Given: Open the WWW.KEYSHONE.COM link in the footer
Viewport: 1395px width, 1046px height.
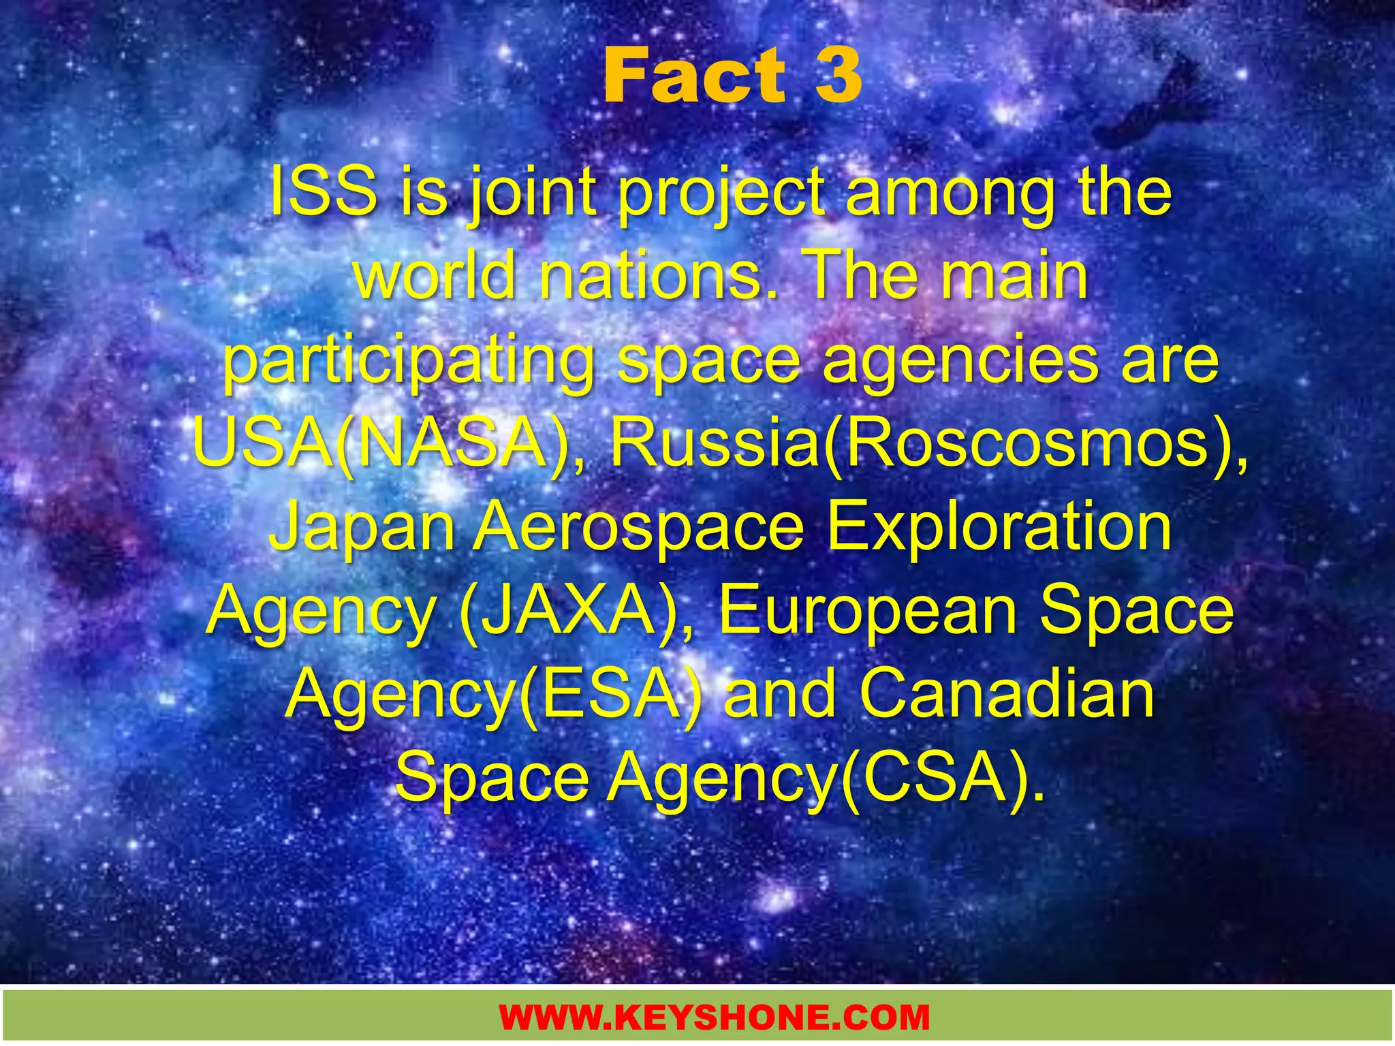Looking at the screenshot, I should coord(715,1017).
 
